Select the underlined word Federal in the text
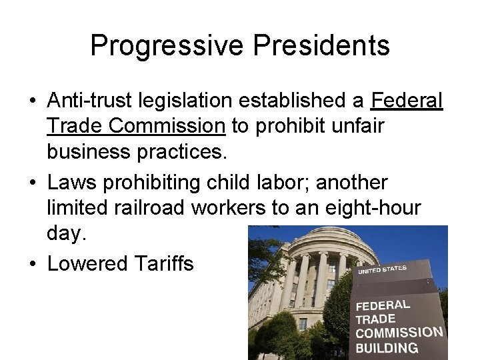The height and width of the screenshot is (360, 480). pos(407,101)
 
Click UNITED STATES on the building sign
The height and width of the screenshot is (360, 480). pos(382,269)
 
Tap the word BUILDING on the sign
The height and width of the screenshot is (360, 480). pos(387,347)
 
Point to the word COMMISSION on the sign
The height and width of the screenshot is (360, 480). pos(399,333)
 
